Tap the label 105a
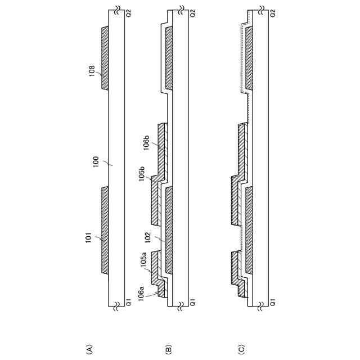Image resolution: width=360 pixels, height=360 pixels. [143, 260]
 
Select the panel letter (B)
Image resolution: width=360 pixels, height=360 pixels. [169, 349]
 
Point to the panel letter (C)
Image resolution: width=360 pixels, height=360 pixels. [242, 349]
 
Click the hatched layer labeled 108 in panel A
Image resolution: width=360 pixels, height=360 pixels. [105, 58]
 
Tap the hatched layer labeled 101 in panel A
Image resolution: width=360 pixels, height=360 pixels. [105, 229]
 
